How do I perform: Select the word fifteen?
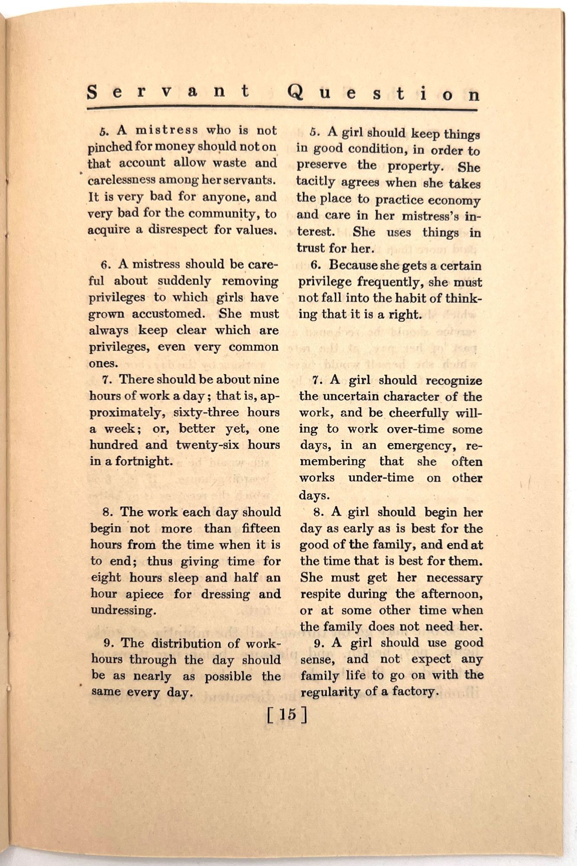click(261, 529)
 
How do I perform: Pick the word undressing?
click(123, 611)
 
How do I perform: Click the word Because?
click(353, 265)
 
